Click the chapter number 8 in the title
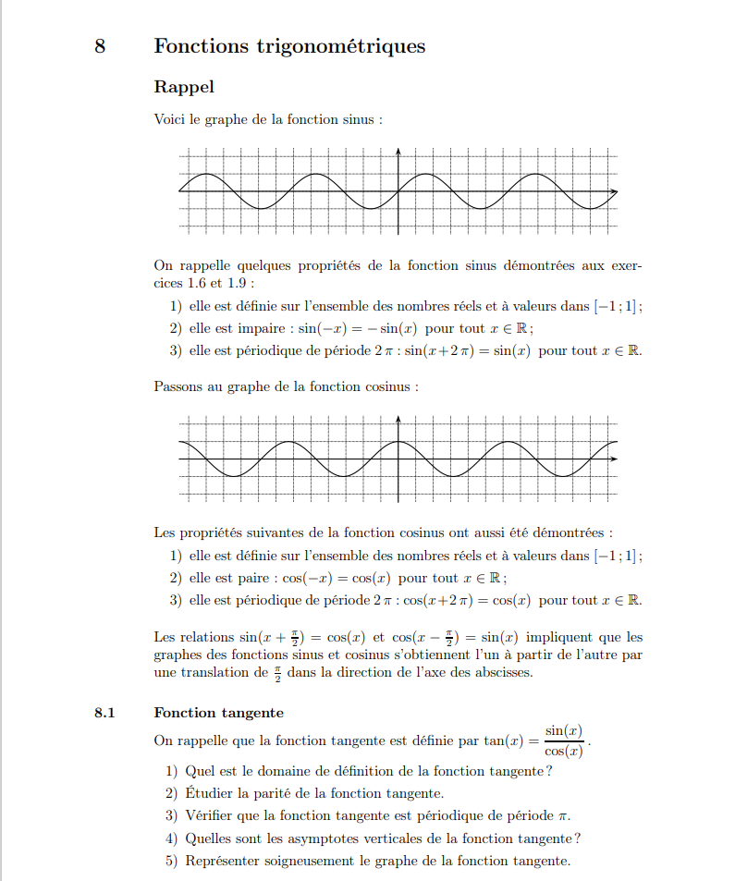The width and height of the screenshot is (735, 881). point(100,45)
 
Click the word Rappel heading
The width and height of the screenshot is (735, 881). point(184,87)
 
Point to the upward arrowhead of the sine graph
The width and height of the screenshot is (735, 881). point(398,151)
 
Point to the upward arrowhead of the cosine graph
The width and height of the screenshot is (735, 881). point(398,419)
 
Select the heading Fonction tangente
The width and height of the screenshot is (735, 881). point(219,713)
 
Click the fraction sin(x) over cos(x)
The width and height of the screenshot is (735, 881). point(563,741)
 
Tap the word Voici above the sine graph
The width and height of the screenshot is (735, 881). point(169,119)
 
